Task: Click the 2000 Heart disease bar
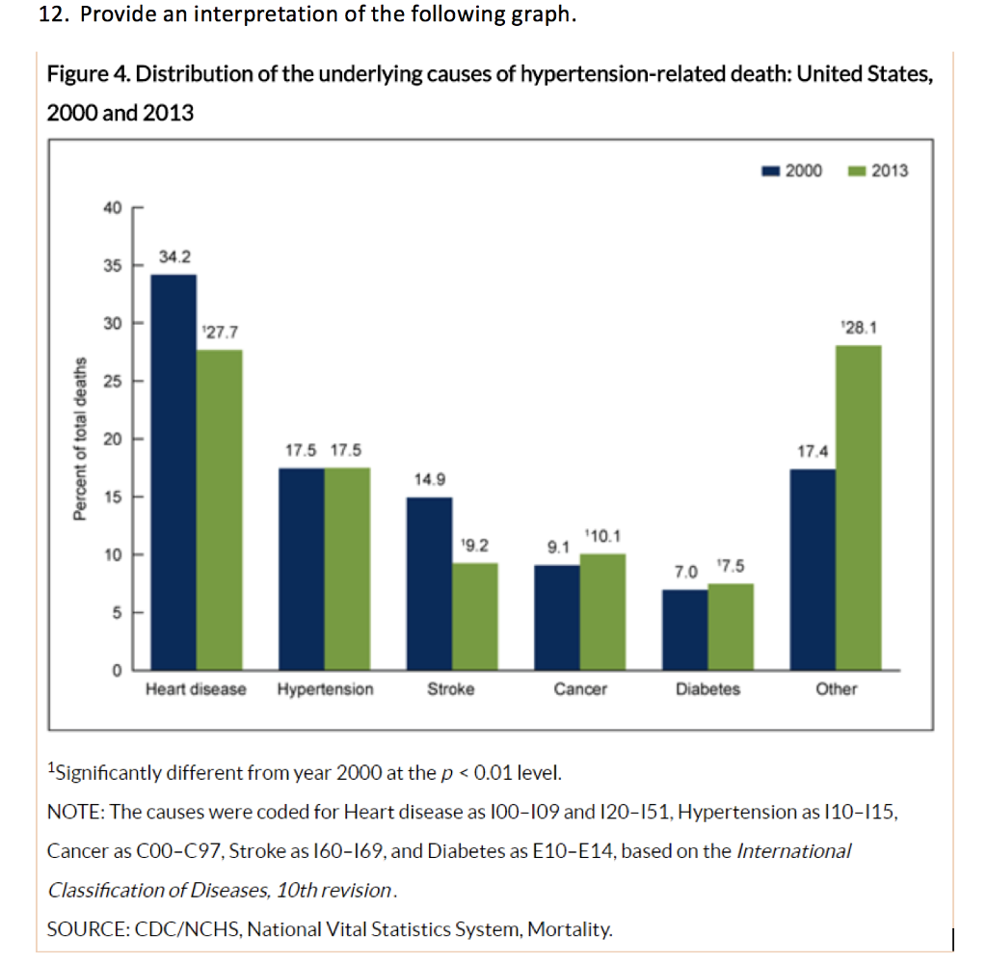point(173,472)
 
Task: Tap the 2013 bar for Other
point(858,507)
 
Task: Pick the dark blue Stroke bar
point(429,583)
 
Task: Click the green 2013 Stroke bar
point(475,616)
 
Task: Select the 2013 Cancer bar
point(602,611)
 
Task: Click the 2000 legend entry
point(792,171)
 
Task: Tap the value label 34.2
point(173,257)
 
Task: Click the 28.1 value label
point(858,328)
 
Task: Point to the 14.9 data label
point(429,479)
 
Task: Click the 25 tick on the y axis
point(113,381)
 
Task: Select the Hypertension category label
point(325,689)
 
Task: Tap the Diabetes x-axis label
point(707,689)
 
